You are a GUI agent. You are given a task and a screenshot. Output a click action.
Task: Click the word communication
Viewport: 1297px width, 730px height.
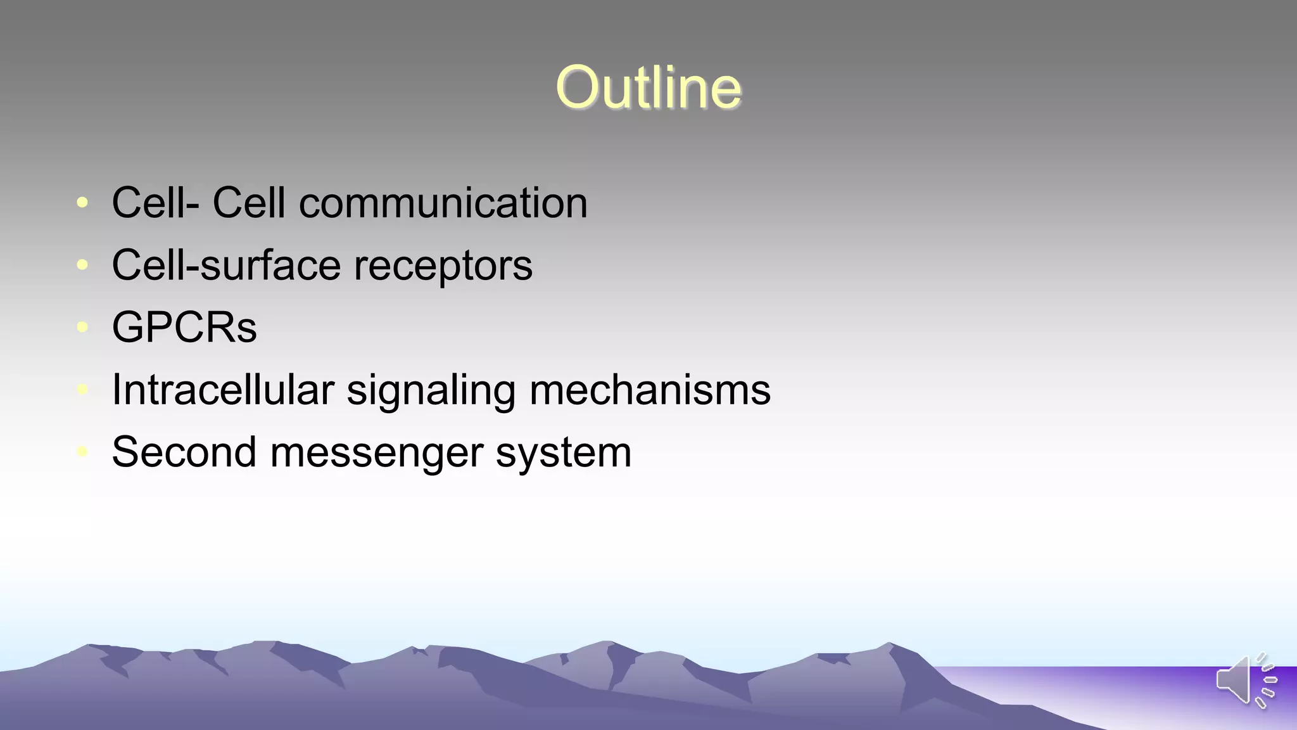point(443,203)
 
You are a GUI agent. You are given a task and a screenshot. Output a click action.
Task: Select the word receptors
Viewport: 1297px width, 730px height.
point(443,266)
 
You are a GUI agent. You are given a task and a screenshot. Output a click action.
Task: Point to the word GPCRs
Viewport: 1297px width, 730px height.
point(184,328)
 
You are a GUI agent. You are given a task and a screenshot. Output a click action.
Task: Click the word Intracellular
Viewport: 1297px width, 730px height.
point(222,390)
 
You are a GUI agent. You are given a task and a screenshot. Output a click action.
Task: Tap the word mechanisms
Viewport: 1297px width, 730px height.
point(650,390)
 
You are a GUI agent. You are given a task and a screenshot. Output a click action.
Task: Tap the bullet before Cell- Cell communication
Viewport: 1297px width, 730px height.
point(82,203)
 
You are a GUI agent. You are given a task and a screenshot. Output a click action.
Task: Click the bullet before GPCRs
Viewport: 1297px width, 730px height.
point(82,327)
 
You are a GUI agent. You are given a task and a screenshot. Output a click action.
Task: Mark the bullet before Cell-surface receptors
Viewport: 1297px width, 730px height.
point(82,265)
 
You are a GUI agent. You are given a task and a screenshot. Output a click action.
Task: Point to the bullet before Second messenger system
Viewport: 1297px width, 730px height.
point(82,452)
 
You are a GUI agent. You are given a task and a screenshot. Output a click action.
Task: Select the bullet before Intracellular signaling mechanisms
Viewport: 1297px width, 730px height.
point(82,390)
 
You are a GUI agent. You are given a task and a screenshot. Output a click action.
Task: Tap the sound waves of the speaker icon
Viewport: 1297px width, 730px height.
point(1267,681)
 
